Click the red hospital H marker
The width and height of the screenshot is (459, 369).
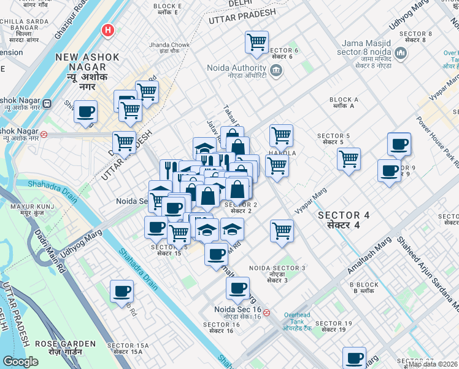tap(109, 29)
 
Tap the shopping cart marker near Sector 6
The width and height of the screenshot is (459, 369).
tap(256, 42)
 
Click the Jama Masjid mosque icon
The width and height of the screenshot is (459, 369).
tap(401, 54)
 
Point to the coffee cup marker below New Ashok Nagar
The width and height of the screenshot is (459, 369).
tap(86, 112)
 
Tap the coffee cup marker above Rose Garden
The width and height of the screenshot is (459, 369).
tap(121, 291)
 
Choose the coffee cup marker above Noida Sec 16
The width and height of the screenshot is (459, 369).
tap(237, 288)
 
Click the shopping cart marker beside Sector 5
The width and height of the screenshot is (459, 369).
tap(349, 159)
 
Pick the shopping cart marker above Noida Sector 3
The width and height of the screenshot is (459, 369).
tap(282, 231)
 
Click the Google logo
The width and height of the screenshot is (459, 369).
tap(20, 362)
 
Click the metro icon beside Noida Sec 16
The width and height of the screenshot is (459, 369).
tap(266, 312)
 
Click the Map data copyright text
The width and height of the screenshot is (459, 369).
tap(432, 364)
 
